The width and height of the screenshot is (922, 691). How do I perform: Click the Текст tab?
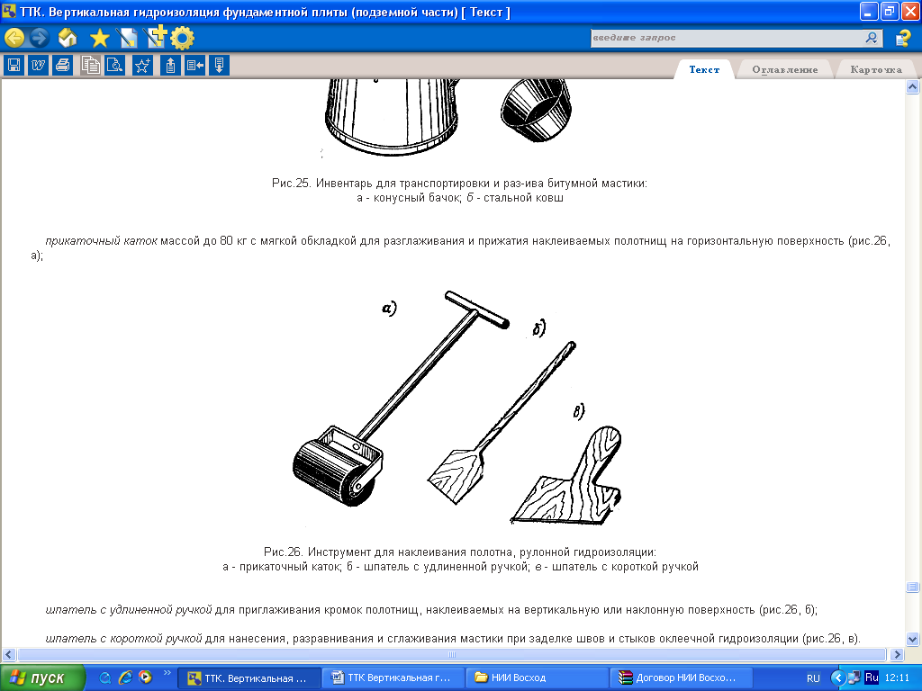coord(704,69)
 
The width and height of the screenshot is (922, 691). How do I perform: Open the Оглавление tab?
coord(784,69)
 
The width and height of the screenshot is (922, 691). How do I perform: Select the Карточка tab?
coord(875,69)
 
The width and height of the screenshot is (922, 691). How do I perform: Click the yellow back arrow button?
coord(14,38)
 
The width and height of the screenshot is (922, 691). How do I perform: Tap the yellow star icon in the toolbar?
coord(99,39)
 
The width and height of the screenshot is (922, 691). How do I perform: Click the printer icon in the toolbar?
coord(63,65)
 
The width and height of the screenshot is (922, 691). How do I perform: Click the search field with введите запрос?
coord(727,38)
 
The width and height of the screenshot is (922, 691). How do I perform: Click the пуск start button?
coord(41,678)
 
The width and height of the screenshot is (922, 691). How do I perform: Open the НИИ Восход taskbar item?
coord(537,678)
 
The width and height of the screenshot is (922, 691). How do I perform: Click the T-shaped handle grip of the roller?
coord(477,310)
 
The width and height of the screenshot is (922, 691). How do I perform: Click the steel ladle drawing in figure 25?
coord(536,110)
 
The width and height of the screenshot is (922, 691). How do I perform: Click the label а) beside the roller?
coord(389,308)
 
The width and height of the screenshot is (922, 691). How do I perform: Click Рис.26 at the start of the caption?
coord(283,552)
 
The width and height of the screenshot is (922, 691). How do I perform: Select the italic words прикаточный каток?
coord(101,240)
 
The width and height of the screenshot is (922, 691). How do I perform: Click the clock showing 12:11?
coord(897,678)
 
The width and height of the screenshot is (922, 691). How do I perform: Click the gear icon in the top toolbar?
coord(182,39)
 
